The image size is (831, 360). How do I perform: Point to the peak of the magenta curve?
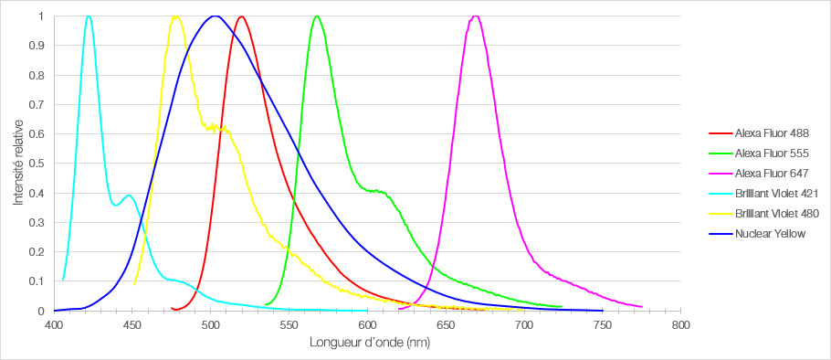click(x=476, y=16)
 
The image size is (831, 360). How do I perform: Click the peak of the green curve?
click(x=316, y=16)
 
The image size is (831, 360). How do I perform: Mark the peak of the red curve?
click(x=241, y=16)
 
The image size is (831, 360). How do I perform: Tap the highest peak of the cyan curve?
click(x=88, y=16)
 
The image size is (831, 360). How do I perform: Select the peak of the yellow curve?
click(x=174, y=16)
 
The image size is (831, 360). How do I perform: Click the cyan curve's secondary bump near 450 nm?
click(x=129, y=196)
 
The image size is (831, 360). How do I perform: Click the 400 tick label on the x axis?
click(x=54, y=325)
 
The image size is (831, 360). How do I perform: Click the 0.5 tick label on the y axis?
click(x=38, y=164)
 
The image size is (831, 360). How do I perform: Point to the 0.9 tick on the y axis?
click(x=38, y=47)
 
